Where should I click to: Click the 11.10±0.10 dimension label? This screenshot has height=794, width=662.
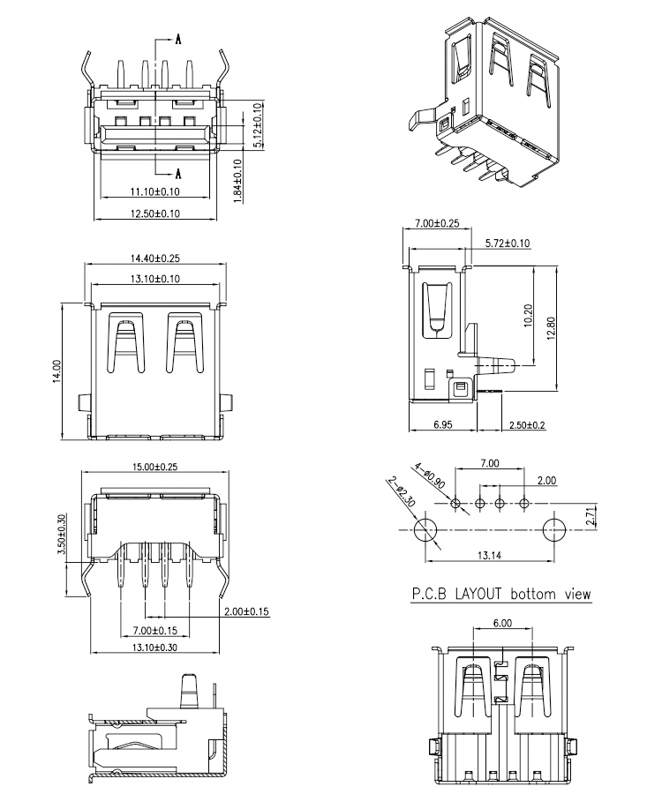point(155,191)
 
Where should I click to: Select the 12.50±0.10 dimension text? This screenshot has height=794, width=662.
point(155,213)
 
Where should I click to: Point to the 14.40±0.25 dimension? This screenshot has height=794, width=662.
point(155,258)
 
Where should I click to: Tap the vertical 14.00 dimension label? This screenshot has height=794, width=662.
point(56,370)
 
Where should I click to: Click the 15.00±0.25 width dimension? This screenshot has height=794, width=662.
point(155,468)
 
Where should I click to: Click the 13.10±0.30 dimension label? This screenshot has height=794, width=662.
point(155,648)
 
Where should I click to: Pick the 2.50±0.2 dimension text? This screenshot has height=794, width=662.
point(527,425)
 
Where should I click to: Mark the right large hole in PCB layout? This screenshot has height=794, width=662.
point(554,529)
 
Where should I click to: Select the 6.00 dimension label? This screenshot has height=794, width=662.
point(501,623)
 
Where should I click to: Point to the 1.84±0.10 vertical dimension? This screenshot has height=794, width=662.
point(237,182)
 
